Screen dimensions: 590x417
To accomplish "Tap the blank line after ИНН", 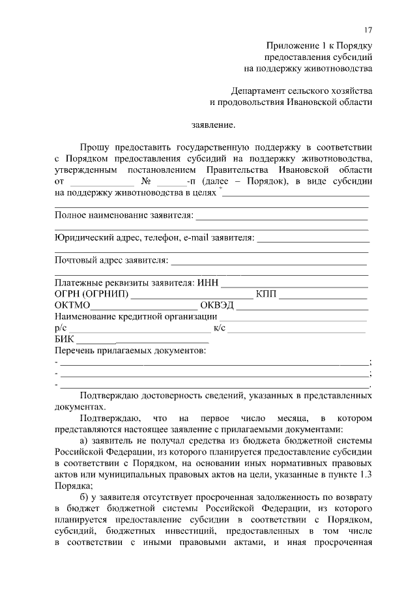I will coord(295,284).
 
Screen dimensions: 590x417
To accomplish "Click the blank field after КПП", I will coord(324,295).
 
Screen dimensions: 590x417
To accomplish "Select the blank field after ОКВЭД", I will coord(302,306).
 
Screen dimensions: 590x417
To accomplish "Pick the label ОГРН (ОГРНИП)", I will coord(91,295).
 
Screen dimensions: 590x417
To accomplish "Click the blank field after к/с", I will coord(297,328).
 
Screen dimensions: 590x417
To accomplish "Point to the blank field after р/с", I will coord(139,328).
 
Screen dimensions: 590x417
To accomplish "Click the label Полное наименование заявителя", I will coord(124,215).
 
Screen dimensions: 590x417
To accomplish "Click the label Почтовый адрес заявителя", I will coord(111,261).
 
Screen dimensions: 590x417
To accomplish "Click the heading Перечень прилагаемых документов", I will coord(130,351).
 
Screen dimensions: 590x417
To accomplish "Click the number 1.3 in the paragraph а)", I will coord(366,474).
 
